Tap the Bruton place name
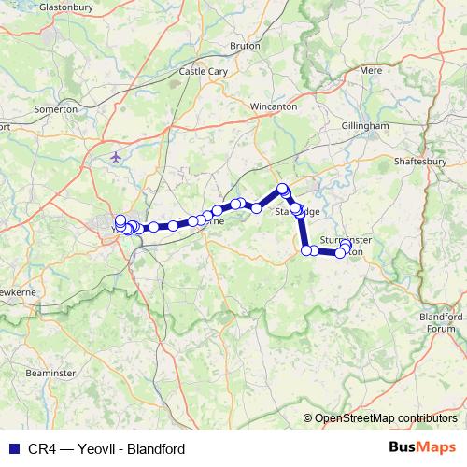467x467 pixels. point(246,45)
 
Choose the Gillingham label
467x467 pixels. point(364,125)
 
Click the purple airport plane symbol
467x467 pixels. point(115,156)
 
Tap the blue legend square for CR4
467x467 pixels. point(12,448)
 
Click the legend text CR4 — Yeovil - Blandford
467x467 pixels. point(106,448)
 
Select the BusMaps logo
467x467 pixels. point(422,448)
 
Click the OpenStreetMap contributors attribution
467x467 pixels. point(386,417)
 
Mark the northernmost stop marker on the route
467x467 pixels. point(282,189)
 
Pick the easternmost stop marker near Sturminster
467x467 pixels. point(346,246)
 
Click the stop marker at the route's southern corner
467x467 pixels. point(306,250)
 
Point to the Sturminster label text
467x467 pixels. point(346,240)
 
